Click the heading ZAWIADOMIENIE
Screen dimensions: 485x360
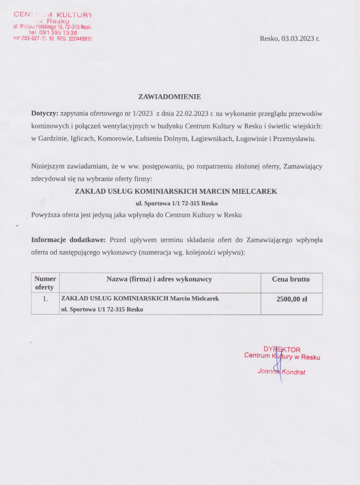pos(169,96)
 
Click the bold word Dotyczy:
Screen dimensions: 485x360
pos(45,113)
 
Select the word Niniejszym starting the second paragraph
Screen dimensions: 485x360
pos(48,166)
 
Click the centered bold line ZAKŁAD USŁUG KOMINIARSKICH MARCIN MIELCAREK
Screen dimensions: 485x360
pos(176,191)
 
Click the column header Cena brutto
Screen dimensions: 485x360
pos(291,279)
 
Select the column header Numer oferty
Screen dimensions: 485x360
pos(45,283)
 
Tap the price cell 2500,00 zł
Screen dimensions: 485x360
pos(292,299)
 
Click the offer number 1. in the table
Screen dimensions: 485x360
pos(45,299)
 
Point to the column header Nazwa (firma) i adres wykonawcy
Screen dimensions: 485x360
pos(159,279)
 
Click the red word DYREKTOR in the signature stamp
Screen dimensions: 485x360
pos(282,350)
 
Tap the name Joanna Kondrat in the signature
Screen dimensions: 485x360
pos(281,371)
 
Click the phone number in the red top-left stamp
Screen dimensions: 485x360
pos(53,32)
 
